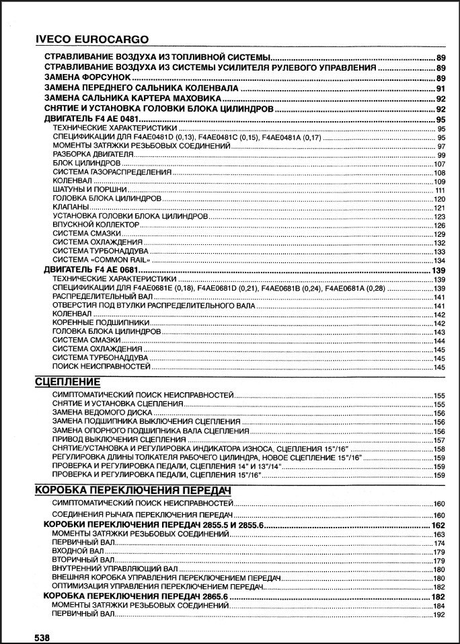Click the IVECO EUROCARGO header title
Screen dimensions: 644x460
click(x=92, y=39)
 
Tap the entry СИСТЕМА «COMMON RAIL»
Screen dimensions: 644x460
click(x=100, y=260)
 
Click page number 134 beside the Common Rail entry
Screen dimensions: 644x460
click(x=440, y=260)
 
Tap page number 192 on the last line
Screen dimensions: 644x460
click(x=440, y=615)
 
